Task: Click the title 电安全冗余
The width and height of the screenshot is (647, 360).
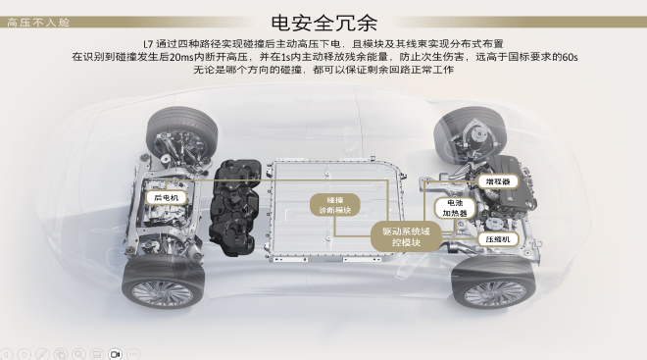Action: click(x=323, y=23)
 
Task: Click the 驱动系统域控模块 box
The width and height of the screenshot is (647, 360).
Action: click(x=405, y=236)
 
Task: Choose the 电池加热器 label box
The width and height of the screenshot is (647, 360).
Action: click(x=456, y=207)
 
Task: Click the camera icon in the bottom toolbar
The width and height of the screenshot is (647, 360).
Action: click(x=115, y=353)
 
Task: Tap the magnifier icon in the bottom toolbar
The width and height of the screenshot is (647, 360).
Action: click(x=78, y=353)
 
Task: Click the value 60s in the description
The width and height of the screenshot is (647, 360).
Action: click(x=566, y=57)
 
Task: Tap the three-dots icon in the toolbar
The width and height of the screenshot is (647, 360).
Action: click(x=133, y=353)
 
